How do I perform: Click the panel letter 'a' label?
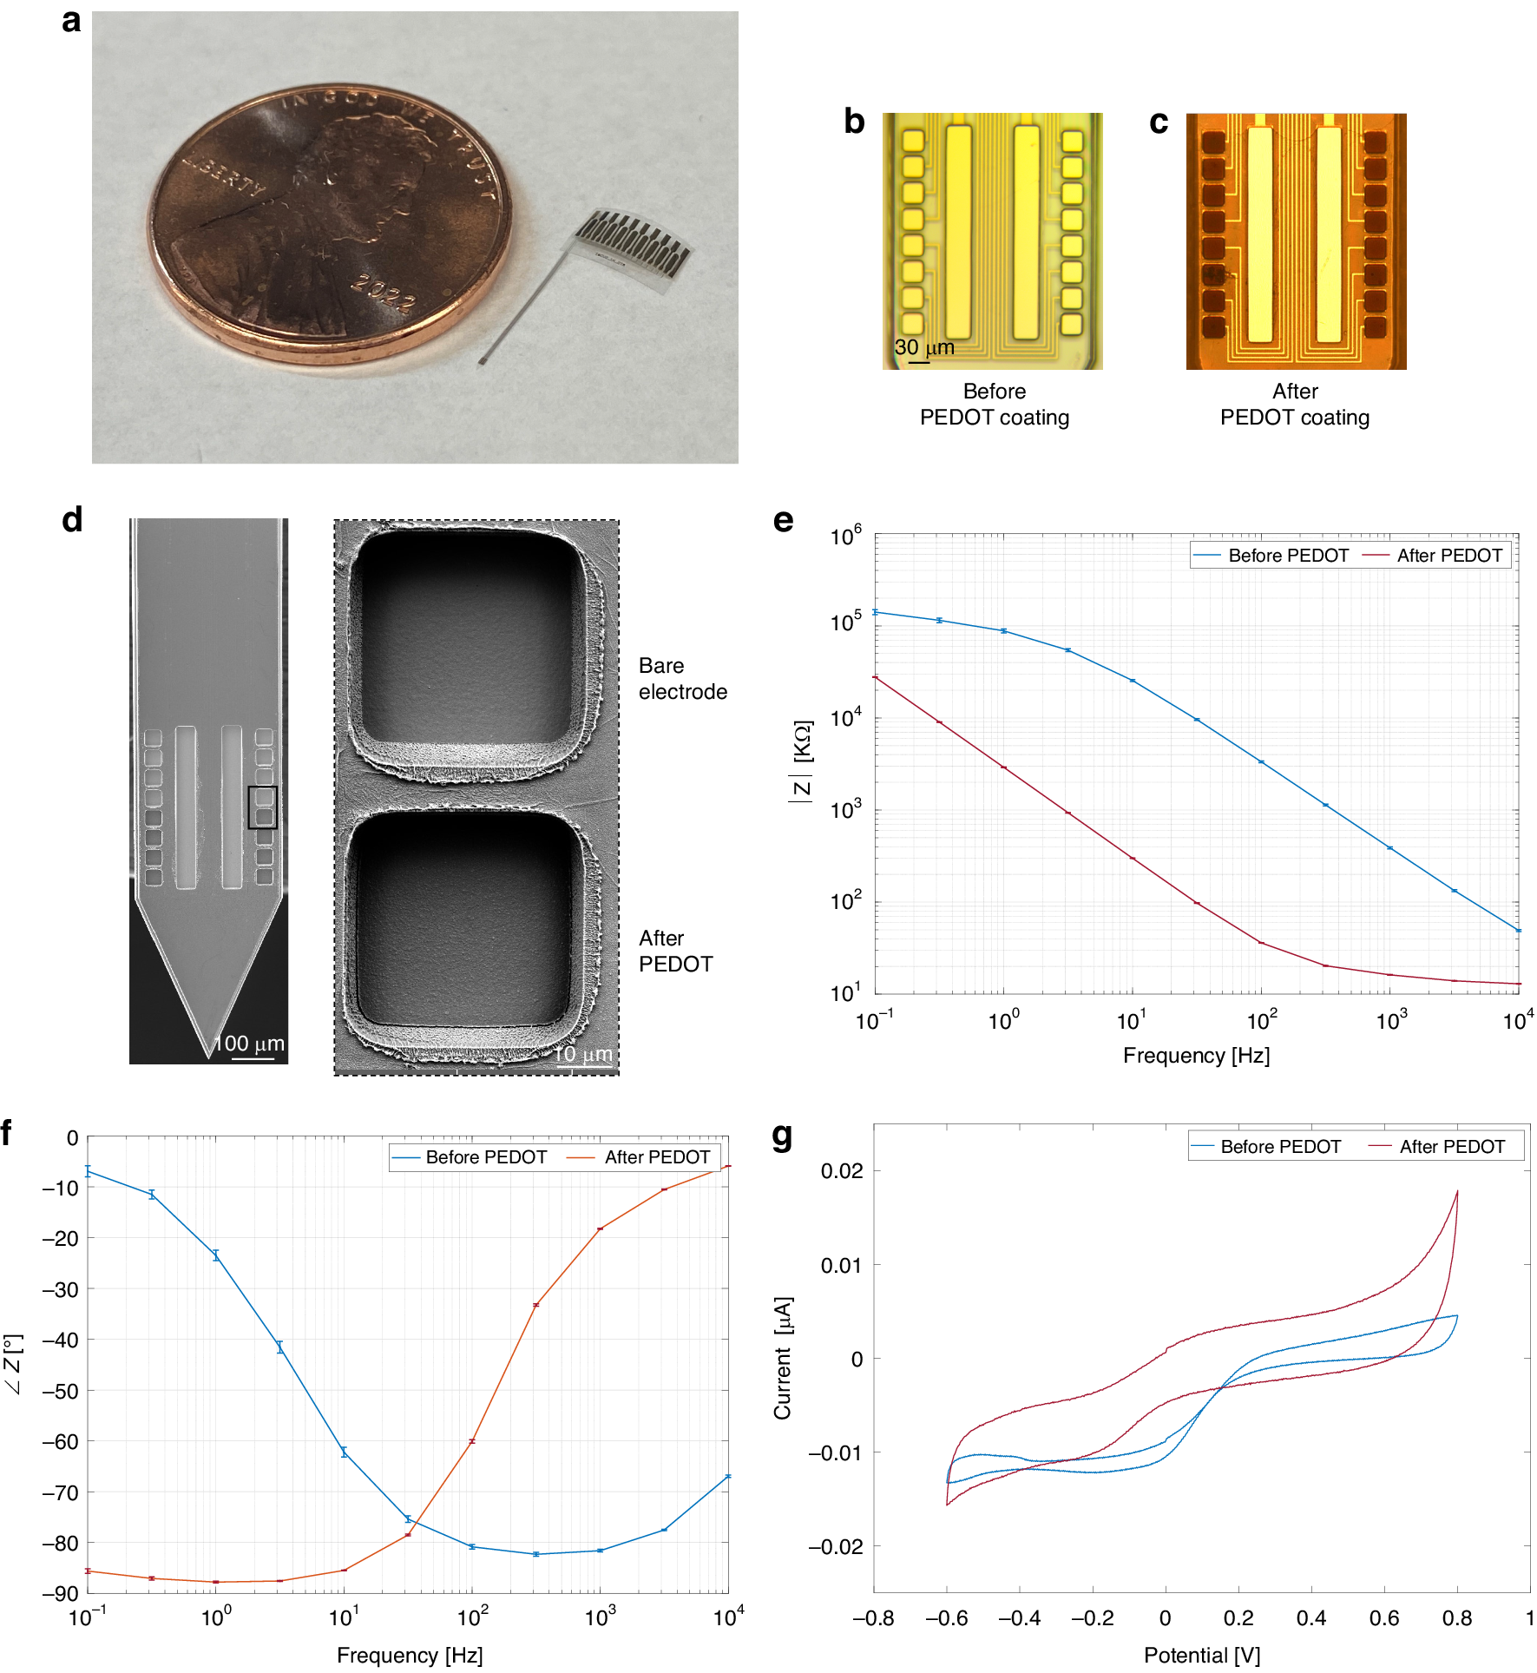pos(71,21)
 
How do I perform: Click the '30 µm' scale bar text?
pos(924,347)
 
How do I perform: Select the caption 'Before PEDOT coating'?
pos(994,405)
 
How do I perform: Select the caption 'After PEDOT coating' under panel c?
pos(1294,405)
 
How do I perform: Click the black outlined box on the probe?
pos(262,807)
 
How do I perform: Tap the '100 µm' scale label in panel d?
pos(250,1044)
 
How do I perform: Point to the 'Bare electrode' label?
pos(682,679)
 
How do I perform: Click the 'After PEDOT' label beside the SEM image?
pos(675,952)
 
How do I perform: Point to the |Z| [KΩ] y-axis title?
pos(801,761)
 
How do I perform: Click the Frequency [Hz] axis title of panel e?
pos(1196,1056)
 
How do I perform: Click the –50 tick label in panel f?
pos(60,1391)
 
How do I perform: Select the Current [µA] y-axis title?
pos(783,1359)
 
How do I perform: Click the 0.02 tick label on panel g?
pos(841,1171)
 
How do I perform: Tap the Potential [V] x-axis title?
pos(1201,1656)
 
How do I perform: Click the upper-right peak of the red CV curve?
pos(1456,1192)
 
